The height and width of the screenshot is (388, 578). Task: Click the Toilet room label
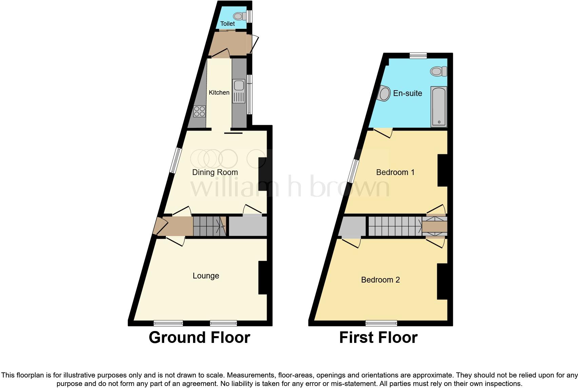point(227,24)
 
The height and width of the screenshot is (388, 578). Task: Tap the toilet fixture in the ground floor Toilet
point(239,16)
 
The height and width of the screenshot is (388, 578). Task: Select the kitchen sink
point(238,91)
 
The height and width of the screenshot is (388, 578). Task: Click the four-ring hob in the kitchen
point(199,112)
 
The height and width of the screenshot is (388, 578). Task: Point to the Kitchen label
point(219,93)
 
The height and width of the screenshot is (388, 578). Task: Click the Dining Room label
point(215,172)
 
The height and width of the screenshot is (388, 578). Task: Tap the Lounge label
point(206,276)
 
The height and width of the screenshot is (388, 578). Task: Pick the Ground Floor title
point(199,337)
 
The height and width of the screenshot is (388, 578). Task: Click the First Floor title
point(378,337)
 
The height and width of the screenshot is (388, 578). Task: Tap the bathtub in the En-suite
point(439,106)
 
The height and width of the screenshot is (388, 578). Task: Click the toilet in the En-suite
point(438,71)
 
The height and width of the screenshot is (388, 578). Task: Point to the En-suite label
point(407,93)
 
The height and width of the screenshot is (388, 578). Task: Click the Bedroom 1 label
point(395,172)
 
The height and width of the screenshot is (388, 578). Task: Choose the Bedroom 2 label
point(380,280)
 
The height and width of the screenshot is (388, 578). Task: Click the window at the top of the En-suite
point(418,56)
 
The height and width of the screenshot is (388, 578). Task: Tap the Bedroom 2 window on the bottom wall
point(381,323)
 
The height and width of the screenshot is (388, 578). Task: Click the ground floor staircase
point(209,226)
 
